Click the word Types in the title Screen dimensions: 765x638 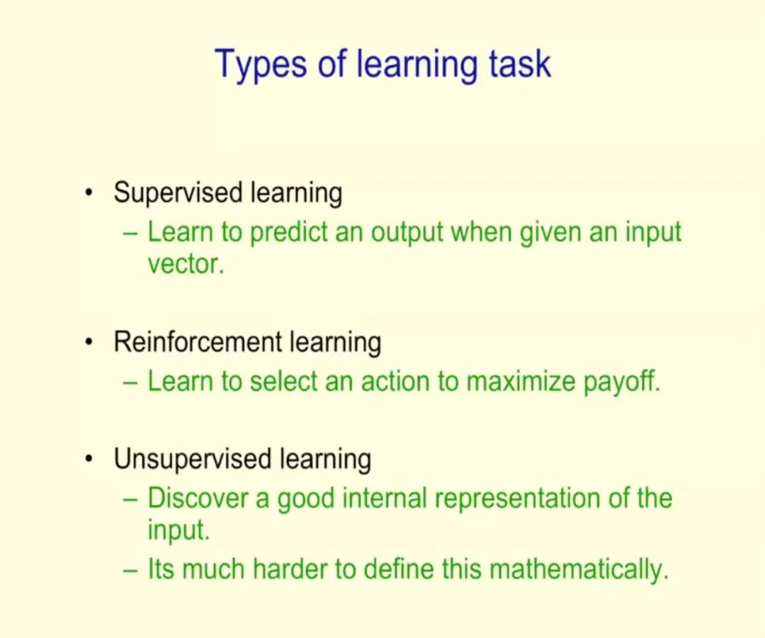(261, 65)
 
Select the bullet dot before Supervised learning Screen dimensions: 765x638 (89, 193)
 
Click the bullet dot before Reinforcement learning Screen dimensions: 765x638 (89, 343)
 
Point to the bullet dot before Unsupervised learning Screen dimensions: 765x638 (89, 460)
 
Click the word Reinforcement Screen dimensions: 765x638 (198, 341)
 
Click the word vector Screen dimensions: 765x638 (186, 265)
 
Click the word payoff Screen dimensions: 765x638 (622, 382)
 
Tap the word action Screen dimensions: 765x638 (395, 382)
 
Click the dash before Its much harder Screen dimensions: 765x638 (130, 570)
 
